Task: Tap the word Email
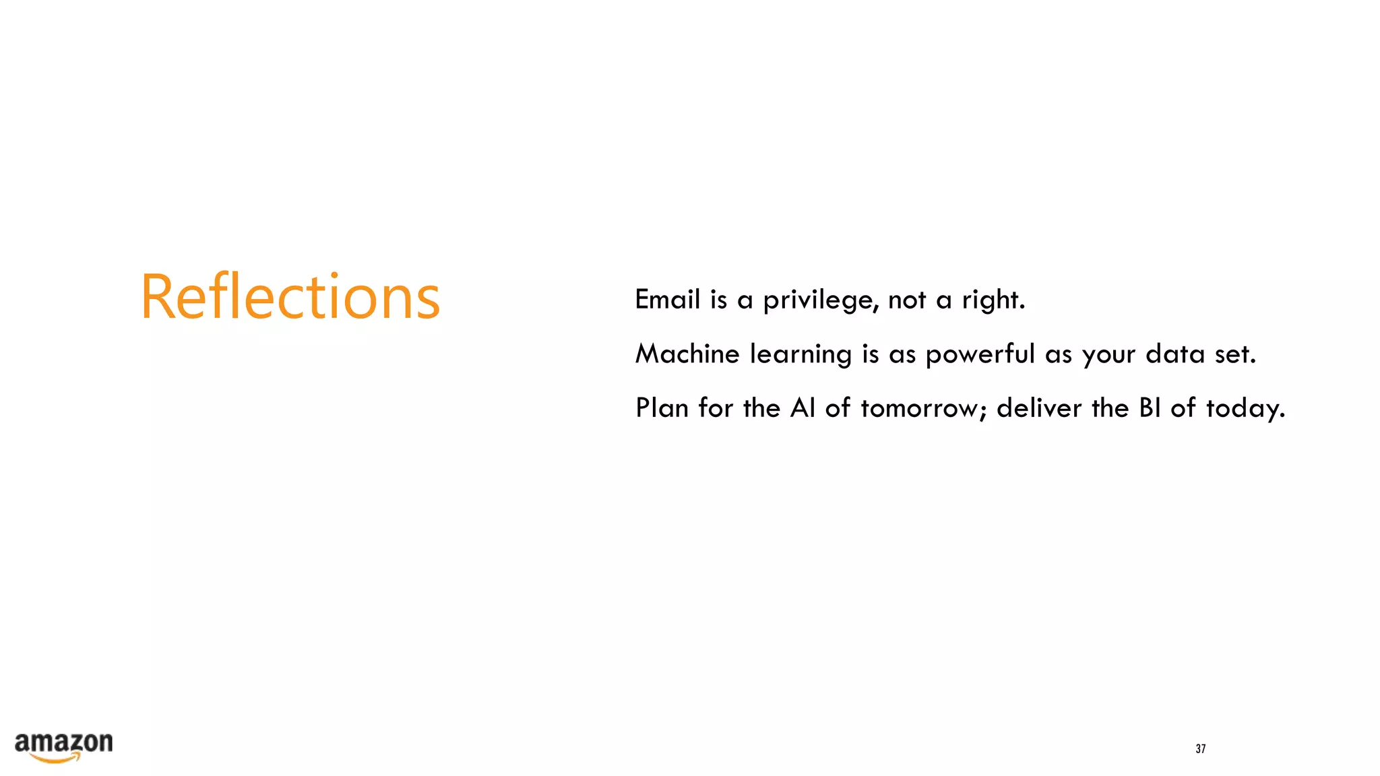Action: pos(667,300)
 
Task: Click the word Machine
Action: pos(687,354)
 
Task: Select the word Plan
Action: pos(662,408)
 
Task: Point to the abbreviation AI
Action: pos(803,408)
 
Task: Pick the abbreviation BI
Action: pos(1150,408)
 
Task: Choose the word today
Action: pos(1245,409)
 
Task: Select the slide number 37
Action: pos(1200,748)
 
